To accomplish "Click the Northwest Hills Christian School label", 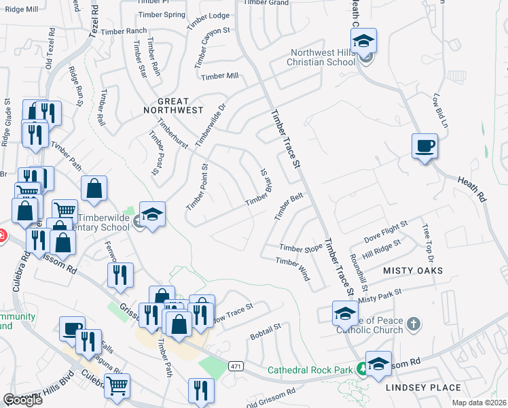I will (323, 58).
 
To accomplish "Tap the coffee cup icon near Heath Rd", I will (424, 146).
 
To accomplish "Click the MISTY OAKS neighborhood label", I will (413, 271).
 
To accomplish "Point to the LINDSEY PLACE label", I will (423, 388).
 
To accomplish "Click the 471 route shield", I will (236, 366).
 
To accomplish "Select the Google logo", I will (22, 400).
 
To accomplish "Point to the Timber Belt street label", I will (288, 206).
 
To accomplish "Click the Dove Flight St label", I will (386, 231).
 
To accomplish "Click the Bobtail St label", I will (265, 333).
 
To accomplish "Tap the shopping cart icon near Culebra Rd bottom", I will (117, 386).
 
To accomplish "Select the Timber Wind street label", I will (293, 269).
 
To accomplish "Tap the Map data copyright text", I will (480, 401).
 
